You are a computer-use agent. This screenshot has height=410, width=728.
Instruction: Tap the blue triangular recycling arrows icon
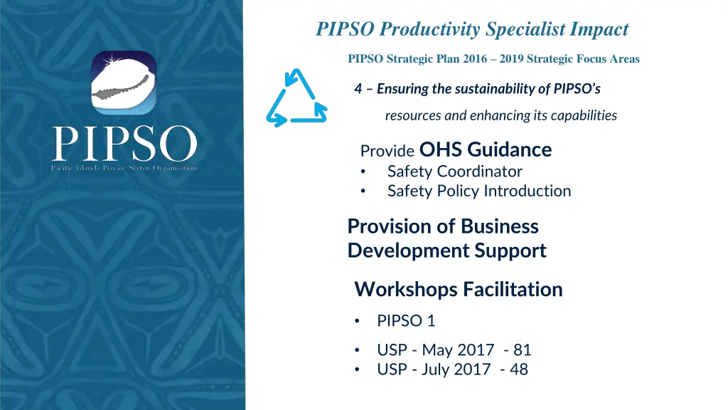click(296, 99)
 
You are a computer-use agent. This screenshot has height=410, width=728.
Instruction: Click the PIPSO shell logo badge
click(124, 83)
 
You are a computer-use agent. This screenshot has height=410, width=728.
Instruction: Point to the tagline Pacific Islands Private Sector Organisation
click(124, 168)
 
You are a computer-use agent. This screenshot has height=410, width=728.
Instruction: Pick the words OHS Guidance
click(486, 149)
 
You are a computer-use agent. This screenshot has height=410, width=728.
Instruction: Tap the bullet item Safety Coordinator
click(454, 172)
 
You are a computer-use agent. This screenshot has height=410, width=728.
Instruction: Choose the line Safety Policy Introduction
click(478, 191)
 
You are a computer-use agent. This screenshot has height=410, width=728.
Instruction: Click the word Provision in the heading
click(390, 226)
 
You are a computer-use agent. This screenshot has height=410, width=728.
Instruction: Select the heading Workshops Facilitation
click(458, 289)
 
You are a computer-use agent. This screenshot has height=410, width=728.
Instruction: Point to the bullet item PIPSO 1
click(406, 321)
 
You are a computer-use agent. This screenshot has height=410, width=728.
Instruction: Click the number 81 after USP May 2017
click(523, 349)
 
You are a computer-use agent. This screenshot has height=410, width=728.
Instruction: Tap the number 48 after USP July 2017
click(519, 369)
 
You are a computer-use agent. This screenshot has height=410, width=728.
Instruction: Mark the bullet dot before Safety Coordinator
click(363, 172)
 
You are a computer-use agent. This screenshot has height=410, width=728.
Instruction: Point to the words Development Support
click(446, 251)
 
